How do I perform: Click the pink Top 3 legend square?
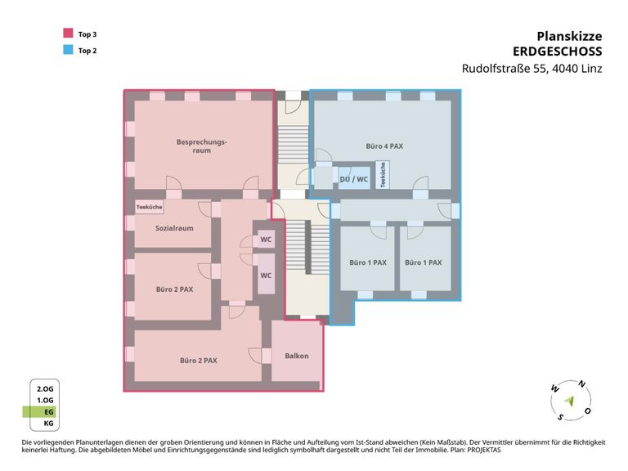coord(68,33)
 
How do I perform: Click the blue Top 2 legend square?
coord(68,50)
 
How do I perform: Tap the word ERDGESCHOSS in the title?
coord(557,52)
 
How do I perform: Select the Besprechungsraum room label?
coord(201,146)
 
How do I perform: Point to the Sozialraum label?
coord(174,228)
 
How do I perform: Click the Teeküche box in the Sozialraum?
coord(149,207)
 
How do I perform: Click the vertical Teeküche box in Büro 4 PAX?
coord(383,175)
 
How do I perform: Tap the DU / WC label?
coord(353,179)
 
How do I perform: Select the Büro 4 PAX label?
coord(384,146)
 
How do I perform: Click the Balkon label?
coord(297,356)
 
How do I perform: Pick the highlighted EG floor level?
coord(40,412)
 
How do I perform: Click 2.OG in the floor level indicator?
coord(45,389)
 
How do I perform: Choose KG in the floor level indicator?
coord(48,424)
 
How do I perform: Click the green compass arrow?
coord(569,401)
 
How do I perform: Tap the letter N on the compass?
coord(581,384)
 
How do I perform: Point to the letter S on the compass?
coord(560,417)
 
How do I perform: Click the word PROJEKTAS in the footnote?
coord(483,450)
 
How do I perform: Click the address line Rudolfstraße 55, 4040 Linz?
coord(532,69)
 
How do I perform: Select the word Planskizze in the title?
coord(569,36)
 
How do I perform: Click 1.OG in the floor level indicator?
coord(45,400)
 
